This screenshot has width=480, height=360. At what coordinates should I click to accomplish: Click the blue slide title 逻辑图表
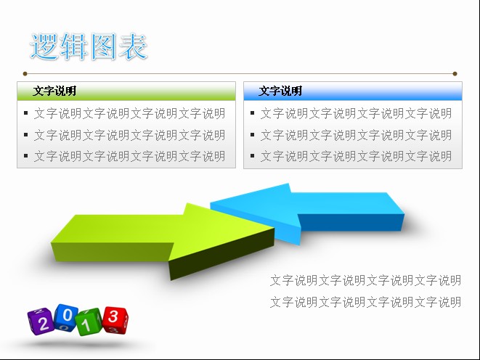click(x=89, y=46)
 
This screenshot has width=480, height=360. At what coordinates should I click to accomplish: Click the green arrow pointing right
click(x=162, y=239)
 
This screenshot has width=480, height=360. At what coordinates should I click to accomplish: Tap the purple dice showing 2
click(x=41, y=322)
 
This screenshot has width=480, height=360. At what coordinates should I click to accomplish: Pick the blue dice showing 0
click(x=66, y=318)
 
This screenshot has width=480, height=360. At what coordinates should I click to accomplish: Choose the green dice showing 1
click(x=89, y=322)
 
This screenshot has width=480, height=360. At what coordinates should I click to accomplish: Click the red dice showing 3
click(x=115, y=320)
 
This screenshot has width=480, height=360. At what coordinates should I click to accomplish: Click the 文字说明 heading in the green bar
click(x=54, y=91)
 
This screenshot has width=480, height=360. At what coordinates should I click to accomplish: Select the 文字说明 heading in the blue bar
click(x=280, y=91)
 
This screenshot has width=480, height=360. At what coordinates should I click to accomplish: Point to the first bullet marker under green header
click(x=25, y=113)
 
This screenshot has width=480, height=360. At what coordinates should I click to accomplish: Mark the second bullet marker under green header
click(x=25, y=134)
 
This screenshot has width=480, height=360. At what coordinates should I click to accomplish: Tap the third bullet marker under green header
click(x=25, y=156)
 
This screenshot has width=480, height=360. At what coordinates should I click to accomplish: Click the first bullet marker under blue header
click(x=252, y=113)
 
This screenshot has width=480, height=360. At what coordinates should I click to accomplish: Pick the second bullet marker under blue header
click(x=252, y=134)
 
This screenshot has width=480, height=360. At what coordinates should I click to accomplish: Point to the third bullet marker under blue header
click(x=252, y=156)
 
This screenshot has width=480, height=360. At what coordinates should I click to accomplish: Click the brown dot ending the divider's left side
click(x=25, y=74)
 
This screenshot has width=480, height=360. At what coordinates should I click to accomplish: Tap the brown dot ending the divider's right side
click(x=455, y=74)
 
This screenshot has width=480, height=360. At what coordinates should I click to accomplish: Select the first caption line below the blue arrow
click(x=365, y=280)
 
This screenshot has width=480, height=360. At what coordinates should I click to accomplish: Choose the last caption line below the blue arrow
click(x=365, y=302)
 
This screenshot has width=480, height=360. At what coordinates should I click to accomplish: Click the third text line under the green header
click(x=130, y=156)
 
